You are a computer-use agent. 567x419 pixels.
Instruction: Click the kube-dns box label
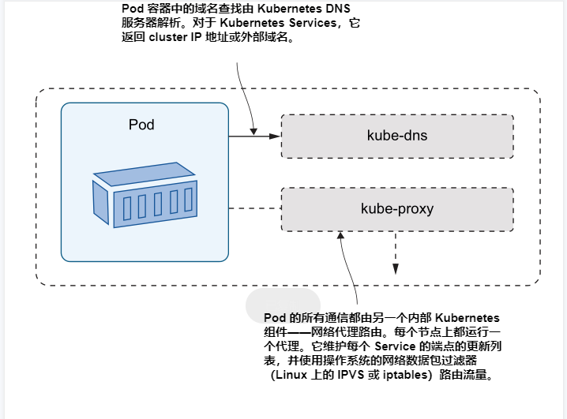(397, 136)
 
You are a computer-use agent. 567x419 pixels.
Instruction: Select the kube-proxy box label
(397, 209)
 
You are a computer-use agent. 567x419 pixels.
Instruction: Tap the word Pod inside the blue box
(141, 125)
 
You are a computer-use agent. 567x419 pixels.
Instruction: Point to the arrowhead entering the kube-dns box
(275, 137)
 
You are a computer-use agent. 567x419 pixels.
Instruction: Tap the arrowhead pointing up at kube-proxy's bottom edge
(340, 236)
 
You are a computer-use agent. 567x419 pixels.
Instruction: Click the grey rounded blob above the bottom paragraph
(283, 304)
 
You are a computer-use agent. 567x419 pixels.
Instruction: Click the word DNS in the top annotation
(345, 9)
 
